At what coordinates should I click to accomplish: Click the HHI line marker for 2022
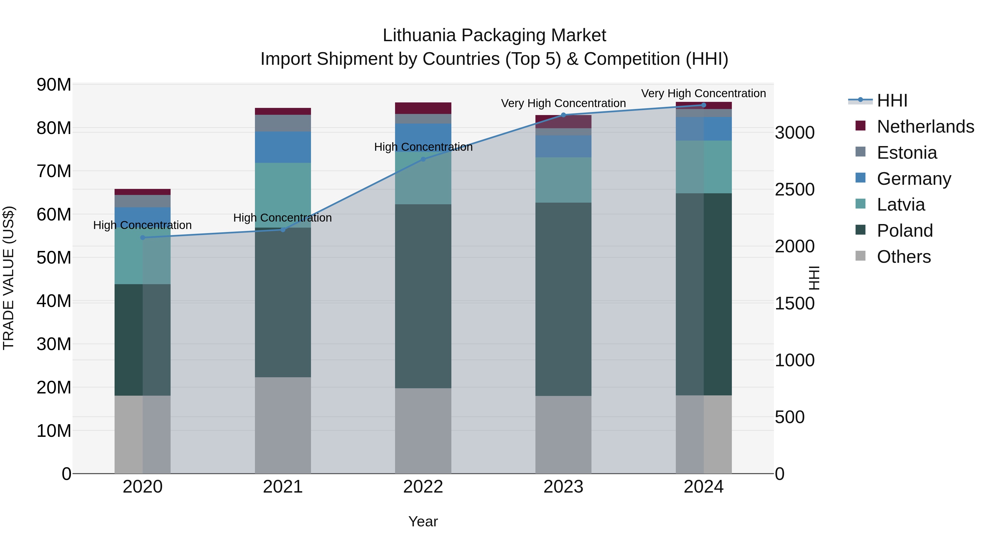click(423, 159)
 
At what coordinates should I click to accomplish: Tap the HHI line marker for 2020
click(143, 238)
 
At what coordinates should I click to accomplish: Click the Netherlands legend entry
click(925, 127)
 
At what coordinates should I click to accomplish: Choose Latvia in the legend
click(901, 205)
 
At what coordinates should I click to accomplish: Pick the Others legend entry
click(904, 257)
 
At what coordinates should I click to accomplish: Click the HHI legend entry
click(892, 100)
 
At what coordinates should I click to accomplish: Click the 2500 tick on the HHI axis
click(794, 189)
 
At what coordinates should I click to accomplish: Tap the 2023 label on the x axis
click(563, 487)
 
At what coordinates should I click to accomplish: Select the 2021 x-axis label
click(283, 487)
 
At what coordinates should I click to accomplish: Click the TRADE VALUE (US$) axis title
click(9, 278)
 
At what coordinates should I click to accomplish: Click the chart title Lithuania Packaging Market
click(494, 35)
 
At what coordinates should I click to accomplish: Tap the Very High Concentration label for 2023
click(563, 103)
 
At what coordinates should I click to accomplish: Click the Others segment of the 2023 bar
click(563, 434)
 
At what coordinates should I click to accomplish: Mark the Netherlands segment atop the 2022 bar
click(423, 108)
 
